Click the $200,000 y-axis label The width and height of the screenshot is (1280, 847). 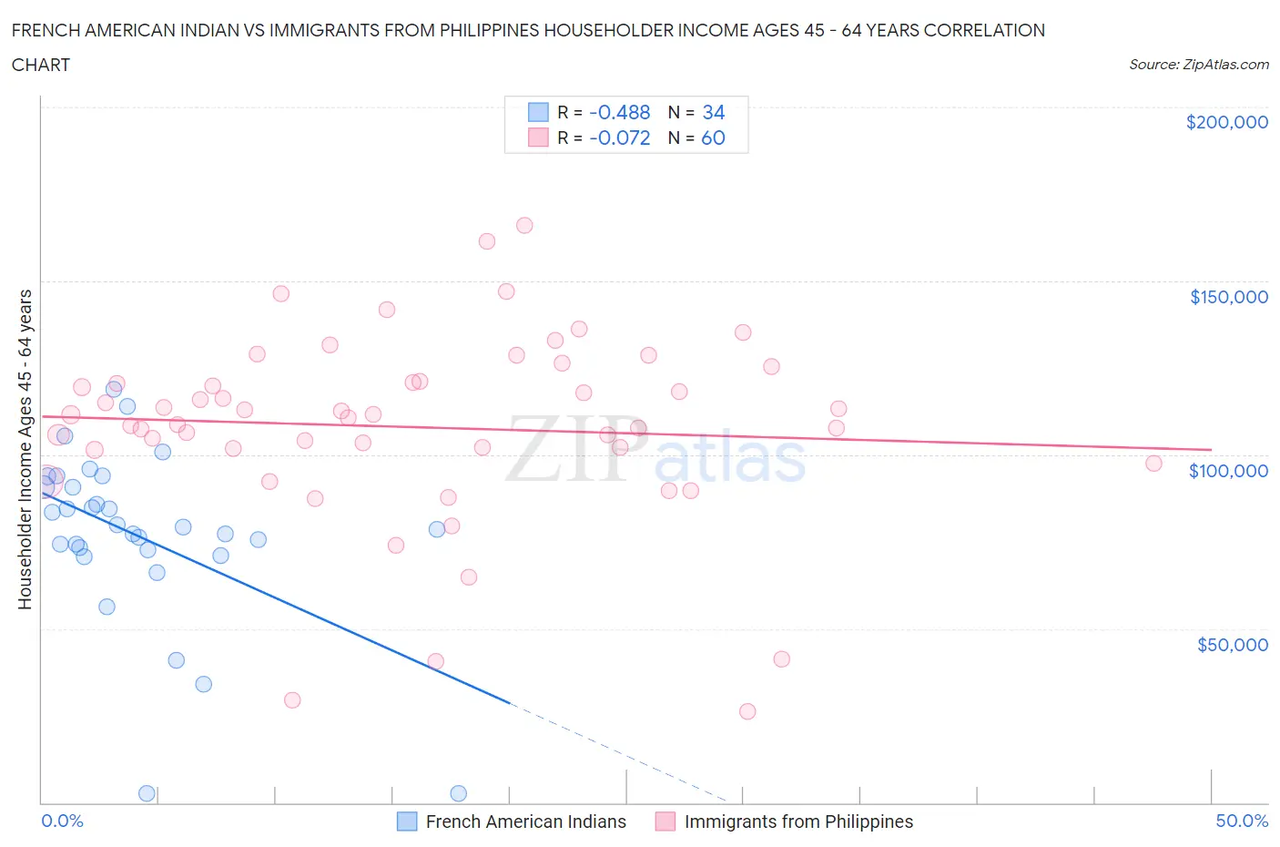pyautogui.click(x=1226, y=122)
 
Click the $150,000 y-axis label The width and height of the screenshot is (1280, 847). pyautogui.click(x=1228, y=297)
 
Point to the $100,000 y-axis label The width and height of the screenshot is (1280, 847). pyautogui.click(x=1228, y=471)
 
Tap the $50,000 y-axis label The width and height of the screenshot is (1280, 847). pyautogui.click(x=1232, y=645)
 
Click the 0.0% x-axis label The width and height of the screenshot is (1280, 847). pyautogui.click(x=62, y=821)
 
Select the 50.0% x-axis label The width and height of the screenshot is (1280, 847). pyautogui.click(x=1242, y=821)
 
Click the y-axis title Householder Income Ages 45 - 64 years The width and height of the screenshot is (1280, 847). pyautogui.click(x=25, y=449)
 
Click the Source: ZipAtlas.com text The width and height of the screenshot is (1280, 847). pyautogui.click(x=1198, y=65)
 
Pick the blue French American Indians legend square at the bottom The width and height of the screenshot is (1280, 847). pyautogui.click(x=407, y=821)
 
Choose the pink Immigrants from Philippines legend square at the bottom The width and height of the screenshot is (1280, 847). pyautogui.click(x=665, y=821)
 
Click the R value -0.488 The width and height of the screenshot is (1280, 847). pyautogui.click(x=619, y=112)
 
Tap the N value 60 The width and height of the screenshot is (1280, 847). pyautogui.click(x=713, y=138)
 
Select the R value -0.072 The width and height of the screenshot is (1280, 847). pyautogui.click(x=619, y=138)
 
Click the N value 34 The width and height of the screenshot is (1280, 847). pyautogui.click(x=713, y=112)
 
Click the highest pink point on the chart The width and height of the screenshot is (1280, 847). pyautogui.click(x=524, y=225)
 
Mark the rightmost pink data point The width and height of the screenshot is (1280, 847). pyautogui.click(x=1153, y=463)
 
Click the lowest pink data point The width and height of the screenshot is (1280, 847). pyautogui.click(x=747, y=711)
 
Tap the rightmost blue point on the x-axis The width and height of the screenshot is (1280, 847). pyautogui.click(x=458, y=793)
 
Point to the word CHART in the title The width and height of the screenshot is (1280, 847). pyautogui.click(x=40, y=65)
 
